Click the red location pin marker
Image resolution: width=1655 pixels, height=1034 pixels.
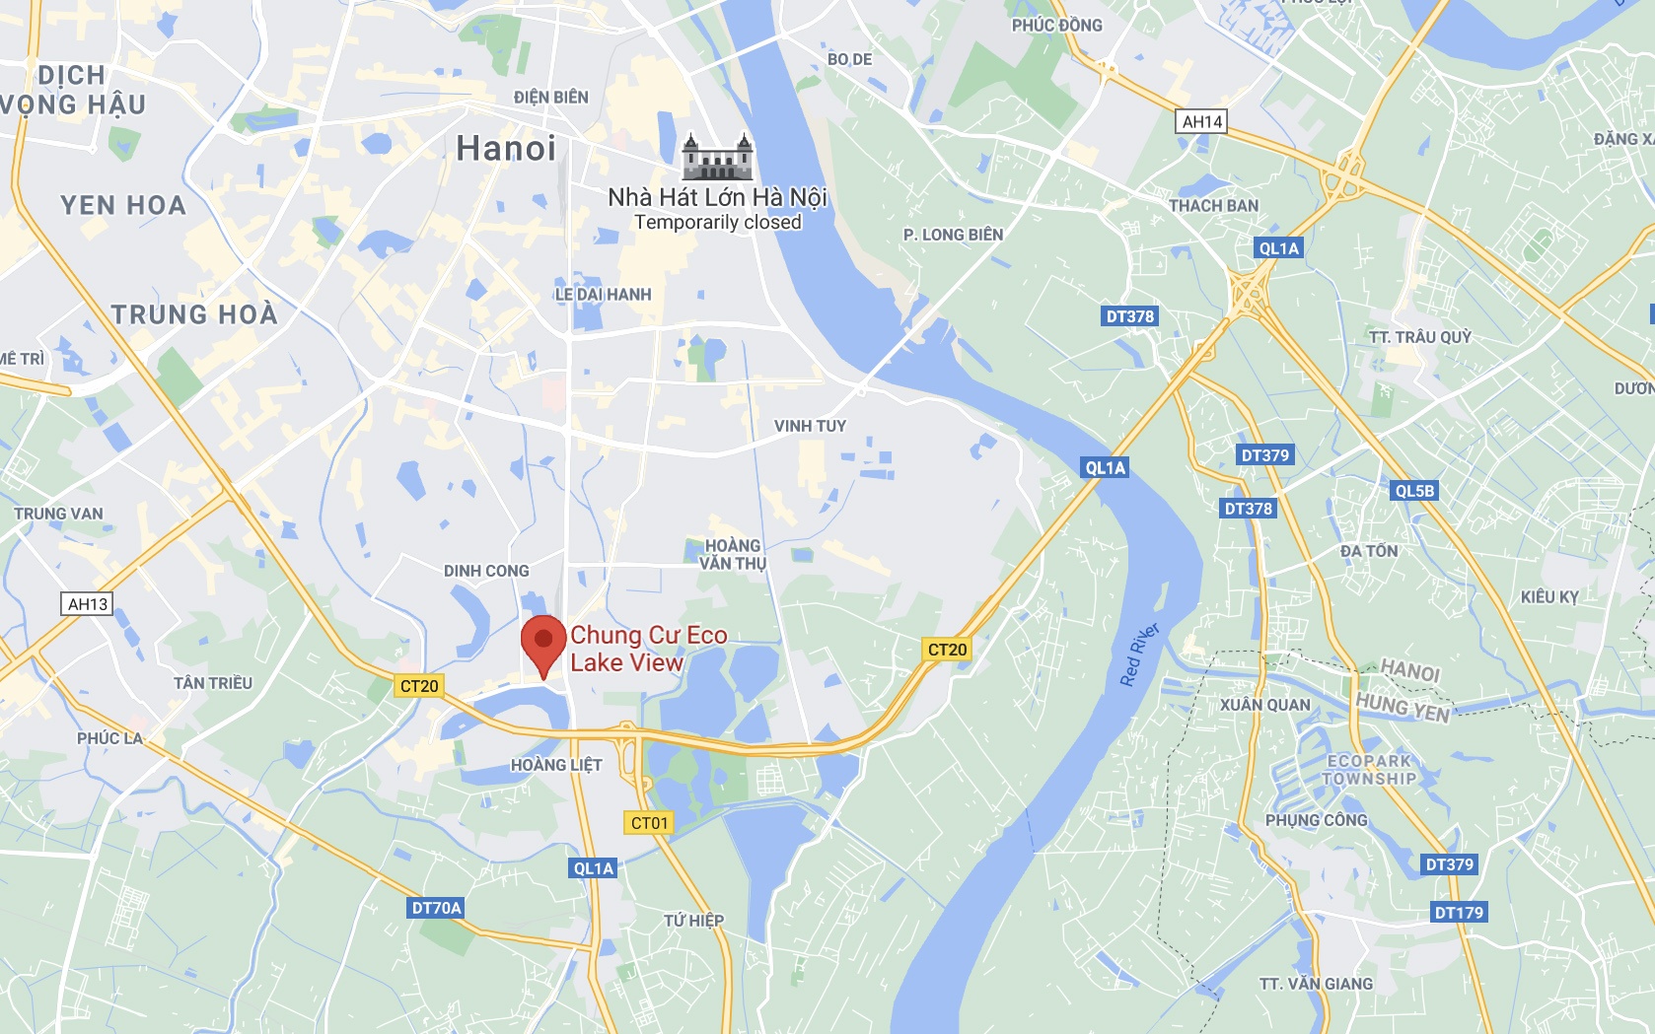[x=542, y=641]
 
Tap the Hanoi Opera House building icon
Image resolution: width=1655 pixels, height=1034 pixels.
[x=717, y=158]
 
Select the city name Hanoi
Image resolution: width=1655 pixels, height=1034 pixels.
[x=506, y=149]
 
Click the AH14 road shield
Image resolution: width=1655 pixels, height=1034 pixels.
[x=1202, y=121]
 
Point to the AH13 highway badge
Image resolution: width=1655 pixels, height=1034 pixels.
[x=88, y=603]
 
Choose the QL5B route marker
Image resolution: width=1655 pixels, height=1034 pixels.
[x=1414, y=491]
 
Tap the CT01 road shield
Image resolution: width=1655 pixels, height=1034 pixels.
[x=649, y=823]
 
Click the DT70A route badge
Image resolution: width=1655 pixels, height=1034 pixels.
[x=436, y=908]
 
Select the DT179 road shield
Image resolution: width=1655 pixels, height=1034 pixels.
[x=1459, y=913]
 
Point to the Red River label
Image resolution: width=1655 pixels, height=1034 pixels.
[x=1139, y=655]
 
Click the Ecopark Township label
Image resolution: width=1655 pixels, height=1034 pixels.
[x=1370, y=770]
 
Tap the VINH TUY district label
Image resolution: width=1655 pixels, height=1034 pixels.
[x=810, y=426]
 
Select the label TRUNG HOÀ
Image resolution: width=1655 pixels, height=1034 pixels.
[x=194, y=314]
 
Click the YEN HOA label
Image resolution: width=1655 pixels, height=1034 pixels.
[x=123, y=205]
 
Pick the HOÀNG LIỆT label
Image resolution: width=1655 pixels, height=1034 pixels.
[x=556, y=765]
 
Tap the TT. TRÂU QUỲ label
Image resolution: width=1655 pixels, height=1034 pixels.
[x=1419, y=337]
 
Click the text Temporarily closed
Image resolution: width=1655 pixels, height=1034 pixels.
[x=717, y=223]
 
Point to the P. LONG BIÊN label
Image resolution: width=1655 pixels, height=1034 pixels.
[x=953, y=235]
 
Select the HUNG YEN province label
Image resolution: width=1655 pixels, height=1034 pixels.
[x=1403, y=707]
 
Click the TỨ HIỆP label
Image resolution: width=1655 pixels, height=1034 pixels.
[x=693, y=921]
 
